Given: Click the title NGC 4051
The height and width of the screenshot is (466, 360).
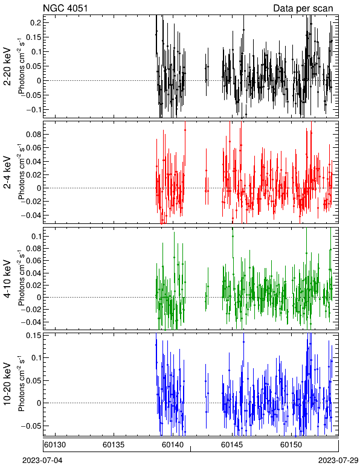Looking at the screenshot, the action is pos(65,8).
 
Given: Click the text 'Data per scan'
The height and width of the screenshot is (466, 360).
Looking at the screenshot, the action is pos(303,8).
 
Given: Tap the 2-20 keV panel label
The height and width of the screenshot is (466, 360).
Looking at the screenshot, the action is pos(7,66).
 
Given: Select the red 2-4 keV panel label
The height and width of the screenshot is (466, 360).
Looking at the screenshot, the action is pos(7,173).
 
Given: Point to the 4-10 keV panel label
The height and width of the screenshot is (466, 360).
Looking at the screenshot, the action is pos(7,279).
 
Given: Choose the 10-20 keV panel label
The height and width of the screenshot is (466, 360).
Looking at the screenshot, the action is pos(7,384).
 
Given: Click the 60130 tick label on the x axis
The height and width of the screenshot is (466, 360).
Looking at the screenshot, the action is pos(55,445).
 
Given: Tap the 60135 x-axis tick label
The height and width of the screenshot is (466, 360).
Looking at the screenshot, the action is pos(114,445).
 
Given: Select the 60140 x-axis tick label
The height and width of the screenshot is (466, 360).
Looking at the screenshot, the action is pos(173,445).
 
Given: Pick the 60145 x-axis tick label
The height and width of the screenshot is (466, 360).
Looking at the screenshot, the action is pos(232,445).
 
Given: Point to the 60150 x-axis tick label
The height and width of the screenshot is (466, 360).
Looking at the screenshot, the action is pos(291,445).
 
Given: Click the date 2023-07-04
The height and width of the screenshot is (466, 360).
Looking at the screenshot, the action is pos(42,461).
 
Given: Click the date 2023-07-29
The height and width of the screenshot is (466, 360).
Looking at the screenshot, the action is pos(338,461).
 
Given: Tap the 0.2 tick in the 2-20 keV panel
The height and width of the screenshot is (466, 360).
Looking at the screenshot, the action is pos(35,23).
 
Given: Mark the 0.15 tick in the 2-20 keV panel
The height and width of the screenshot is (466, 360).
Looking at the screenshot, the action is pos(33,37).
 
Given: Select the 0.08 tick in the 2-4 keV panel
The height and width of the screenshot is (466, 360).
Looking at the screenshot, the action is pos(33,135).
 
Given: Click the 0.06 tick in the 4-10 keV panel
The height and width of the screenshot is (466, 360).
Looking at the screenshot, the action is pos(33,261).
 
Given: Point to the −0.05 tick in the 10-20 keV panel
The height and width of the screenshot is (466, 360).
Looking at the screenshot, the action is pos(31,426).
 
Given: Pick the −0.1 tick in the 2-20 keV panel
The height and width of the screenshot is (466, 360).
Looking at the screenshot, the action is pos(33,110).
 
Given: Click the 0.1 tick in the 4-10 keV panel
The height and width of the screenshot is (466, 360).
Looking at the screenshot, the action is pos(35,236).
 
